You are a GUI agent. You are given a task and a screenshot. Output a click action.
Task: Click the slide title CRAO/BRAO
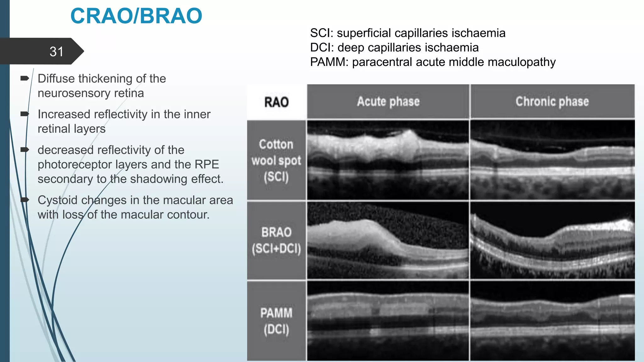(136, 16)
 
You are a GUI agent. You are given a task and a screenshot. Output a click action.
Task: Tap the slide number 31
(57, 52)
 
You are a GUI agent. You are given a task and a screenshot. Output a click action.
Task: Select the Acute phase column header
(388, 101)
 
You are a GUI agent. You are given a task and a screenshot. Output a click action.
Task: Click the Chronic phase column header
(552, 101)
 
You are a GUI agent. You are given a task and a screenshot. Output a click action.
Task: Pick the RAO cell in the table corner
(276, 102)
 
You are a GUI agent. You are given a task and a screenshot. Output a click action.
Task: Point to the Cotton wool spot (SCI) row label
(276, 160)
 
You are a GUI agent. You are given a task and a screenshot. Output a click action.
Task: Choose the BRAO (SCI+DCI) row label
(276, 240)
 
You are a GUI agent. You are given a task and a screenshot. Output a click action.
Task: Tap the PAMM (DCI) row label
(276, 321)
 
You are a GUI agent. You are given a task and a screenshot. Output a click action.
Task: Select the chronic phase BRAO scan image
(552, 240)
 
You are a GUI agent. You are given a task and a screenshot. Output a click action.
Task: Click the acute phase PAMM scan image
(388, 321)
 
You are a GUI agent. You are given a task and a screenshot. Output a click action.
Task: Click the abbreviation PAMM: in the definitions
(329, 62)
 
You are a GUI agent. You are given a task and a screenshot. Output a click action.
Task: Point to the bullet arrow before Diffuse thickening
(25, 78)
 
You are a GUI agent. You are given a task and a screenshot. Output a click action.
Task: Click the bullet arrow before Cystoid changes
(25, 200)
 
